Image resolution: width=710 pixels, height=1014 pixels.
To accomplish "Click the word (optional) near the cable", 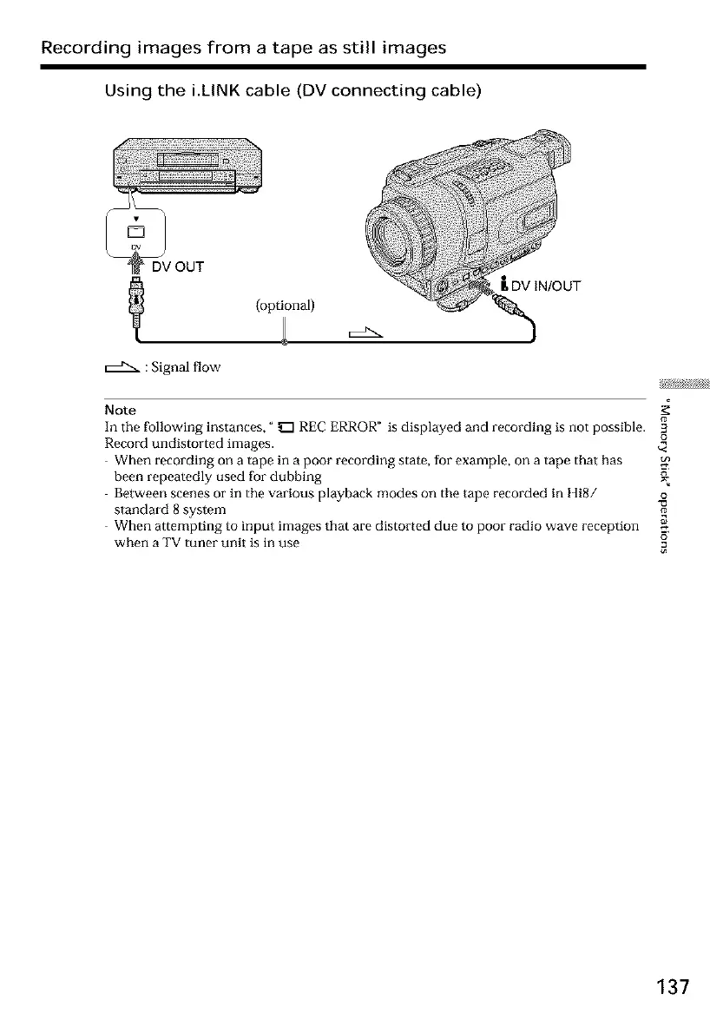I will point(285,305).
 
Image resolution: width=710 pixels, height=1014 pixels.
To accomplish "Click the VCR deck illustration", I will point(183,162).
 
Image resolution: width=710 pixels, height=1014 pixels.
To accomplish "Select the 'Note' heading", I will point(116,409).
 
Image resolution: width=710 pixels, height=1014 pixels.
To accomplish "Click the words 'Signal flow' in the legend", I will point(185,368).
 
